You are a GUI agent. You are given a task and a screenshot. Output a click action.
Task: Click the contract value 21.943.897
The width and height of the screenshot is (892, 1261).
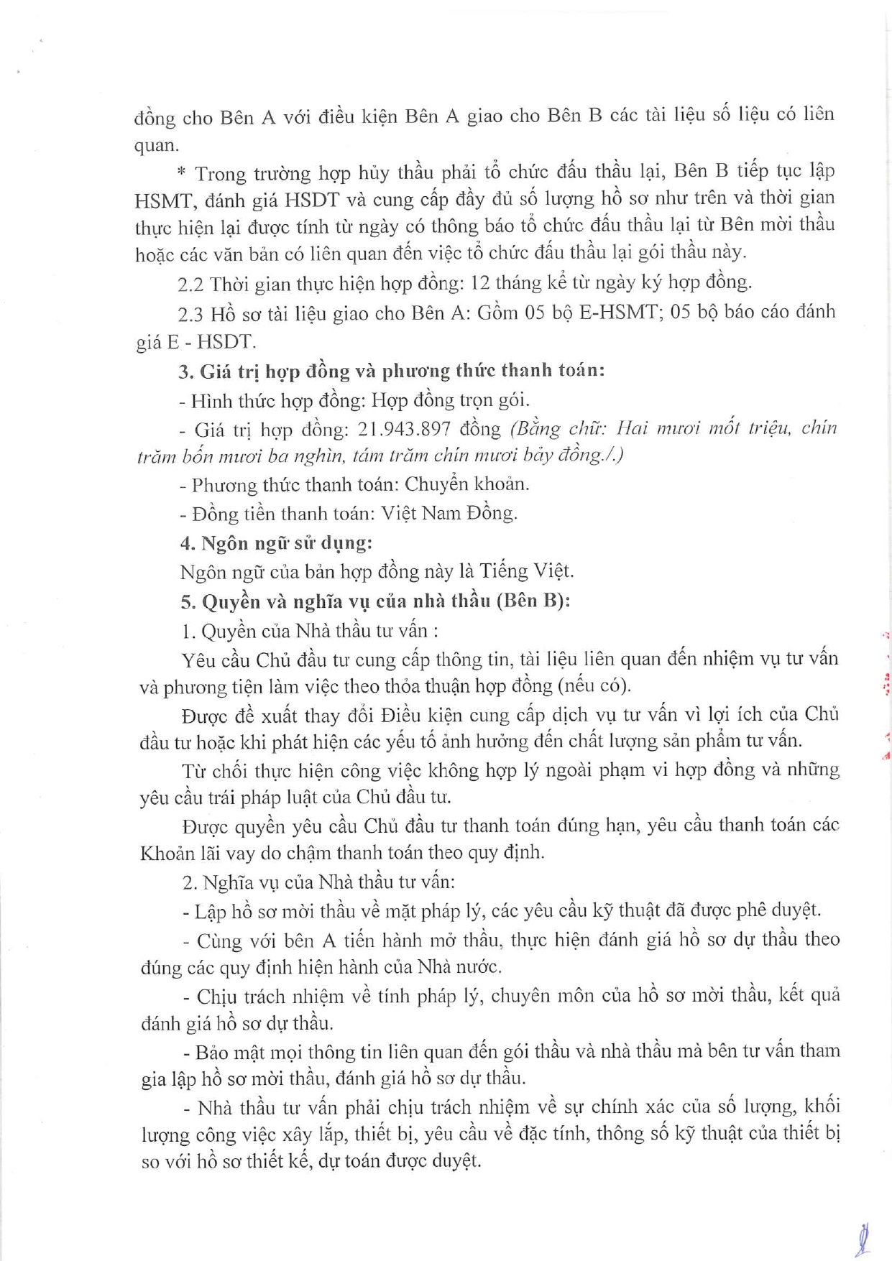pos(404,429)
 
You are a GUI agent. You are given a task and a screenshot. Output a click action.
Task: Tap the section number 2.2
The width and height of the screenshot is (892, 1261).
pos(190,284)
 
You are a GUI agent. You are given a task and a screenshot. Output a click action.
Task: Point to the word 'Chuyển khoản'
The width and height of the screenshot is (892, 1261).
pos(466,484)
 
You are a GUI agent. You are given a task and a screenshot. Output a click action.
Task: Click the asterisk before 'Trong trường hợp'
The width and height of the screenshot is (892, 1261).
pos(181,173)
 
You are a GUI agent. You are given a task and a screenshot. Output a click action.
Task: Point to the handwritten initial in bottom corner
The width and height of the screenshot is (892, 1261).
pos(863,1237)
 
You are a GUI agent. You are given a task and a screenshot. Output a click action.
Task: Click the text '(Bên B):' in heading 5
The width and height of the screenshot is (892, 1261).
pos(533,601)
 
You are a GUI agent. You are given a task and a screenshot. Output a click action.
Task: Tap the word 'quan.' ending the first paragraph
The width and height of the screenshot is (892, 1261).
pos(155,146)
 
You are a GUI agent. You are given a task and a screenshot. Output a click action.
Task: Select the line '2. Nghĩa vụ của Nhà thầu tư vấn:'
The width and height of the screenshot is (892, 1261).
pos(318,882)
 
